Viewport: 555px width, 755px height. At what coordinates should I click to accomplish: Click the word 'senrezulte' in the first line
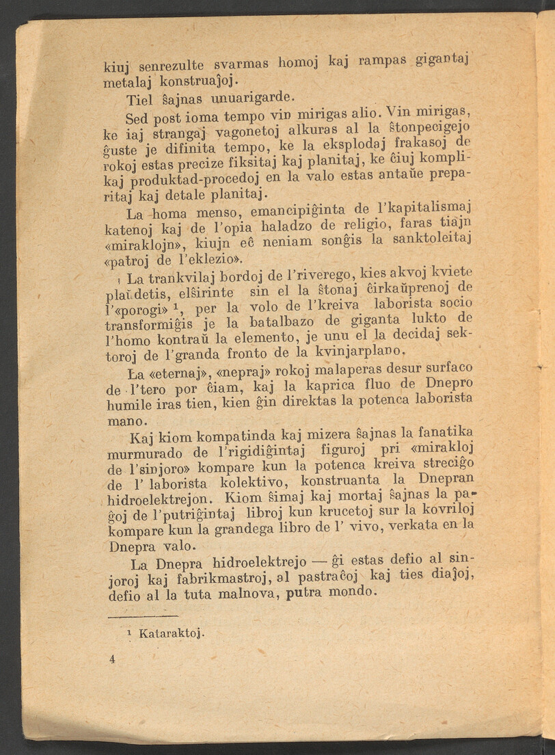click(172, 66)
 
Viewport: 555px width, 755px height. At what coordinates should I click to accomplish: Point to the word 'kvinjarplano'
click(354, 352)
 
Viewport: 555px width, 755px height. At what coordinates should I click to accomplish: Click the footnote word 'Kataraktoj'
click(167, 634)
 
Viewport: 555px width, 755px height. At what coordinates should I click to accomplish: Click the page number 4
click(111, 659)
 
